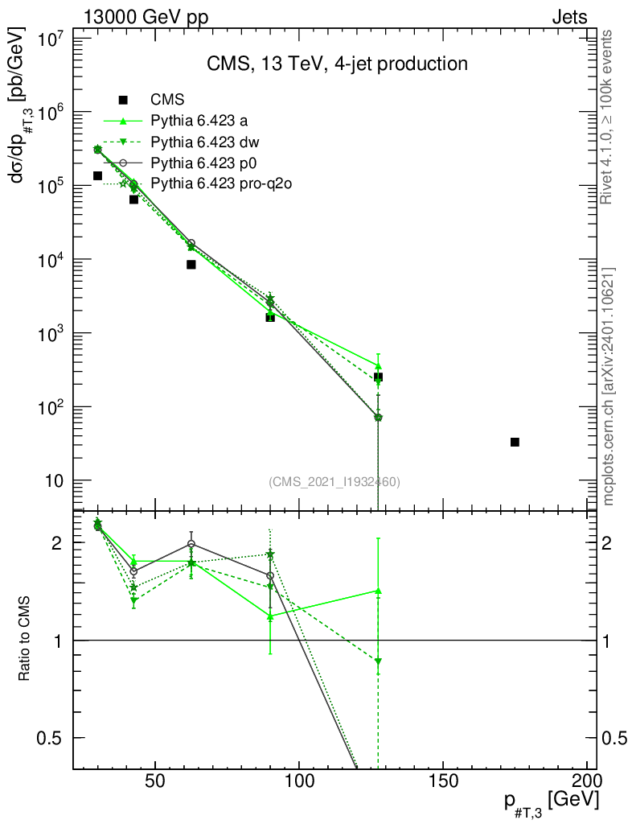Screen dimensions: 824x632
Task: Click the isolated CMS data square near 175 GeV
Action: [x=515, y=442]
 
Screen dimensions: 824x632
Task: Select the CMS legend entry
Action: [x=167, y=100]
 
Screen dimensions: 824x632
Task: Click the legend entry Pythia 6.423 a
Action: [x=199, y=122]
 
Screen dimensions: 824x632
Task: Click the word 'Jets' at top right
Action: [x=568, y=17]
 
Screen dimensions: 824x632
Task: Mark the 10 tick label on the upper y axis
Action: [x=52, y=481]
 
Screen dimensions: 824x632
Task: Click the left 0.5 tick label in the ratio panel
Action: [x=49, y=738]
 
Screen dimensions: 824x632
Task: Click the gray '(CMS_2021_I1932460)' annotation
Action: [x=334, y=481]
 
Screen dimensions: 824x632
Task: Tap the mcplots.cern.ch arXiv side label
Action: [x=609, y=386]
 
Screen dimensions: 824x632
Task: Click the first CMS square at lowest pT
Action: [x=97, y=175]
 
